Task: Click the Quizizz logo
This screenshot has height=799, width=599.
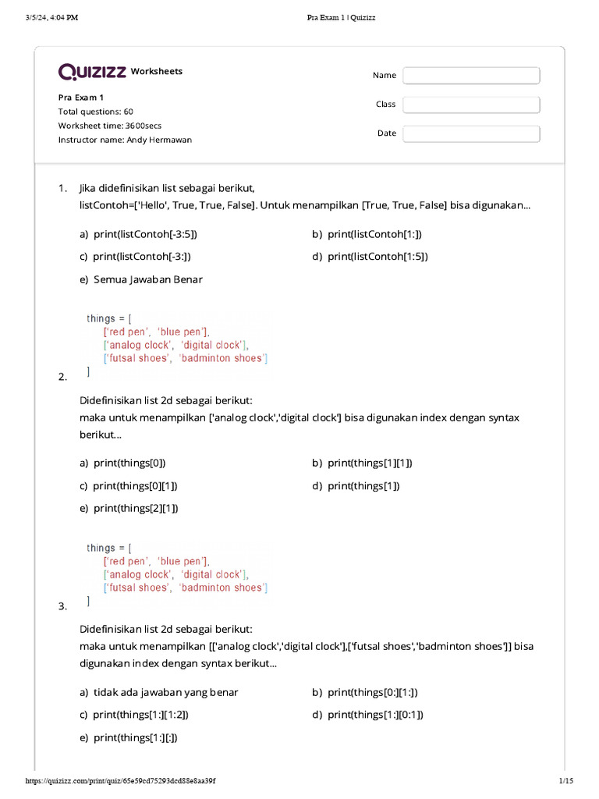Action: [92, 72]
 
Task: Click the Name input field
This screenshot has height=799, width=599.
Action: [471, 76]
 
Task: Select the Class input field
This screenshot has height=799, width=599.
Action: [471, 105]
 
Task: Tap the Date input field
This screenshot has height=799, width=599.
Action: [471, 133]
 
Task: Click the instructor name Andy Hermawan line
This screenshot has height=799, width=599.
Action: [125, 140]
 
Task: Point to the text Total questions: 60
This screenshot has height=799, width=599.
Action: [95, 112]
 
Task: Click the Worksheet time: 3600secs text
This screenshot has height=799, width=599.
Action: [110, 126]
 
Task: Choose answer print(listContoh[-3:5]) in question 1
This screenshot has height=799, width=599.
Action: [145, 234]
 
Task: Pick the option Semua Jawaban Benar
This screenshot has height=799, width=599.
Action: [147, 279]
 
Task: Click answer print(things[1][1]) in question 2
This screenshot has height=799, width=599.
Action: [370, 463]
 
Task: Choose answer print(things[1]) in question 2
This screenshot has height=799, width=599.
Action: [363, 485]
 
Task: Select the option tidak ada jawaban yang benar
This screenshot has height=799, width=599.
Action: [165, 692]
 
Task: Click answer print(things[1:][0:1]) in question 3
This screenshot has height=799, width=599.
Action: [375, 714]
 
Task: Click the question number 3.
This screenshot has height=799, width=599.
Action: [62, 606]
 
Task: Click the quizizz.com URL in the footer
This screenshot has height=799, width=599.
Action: [121, 781]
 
